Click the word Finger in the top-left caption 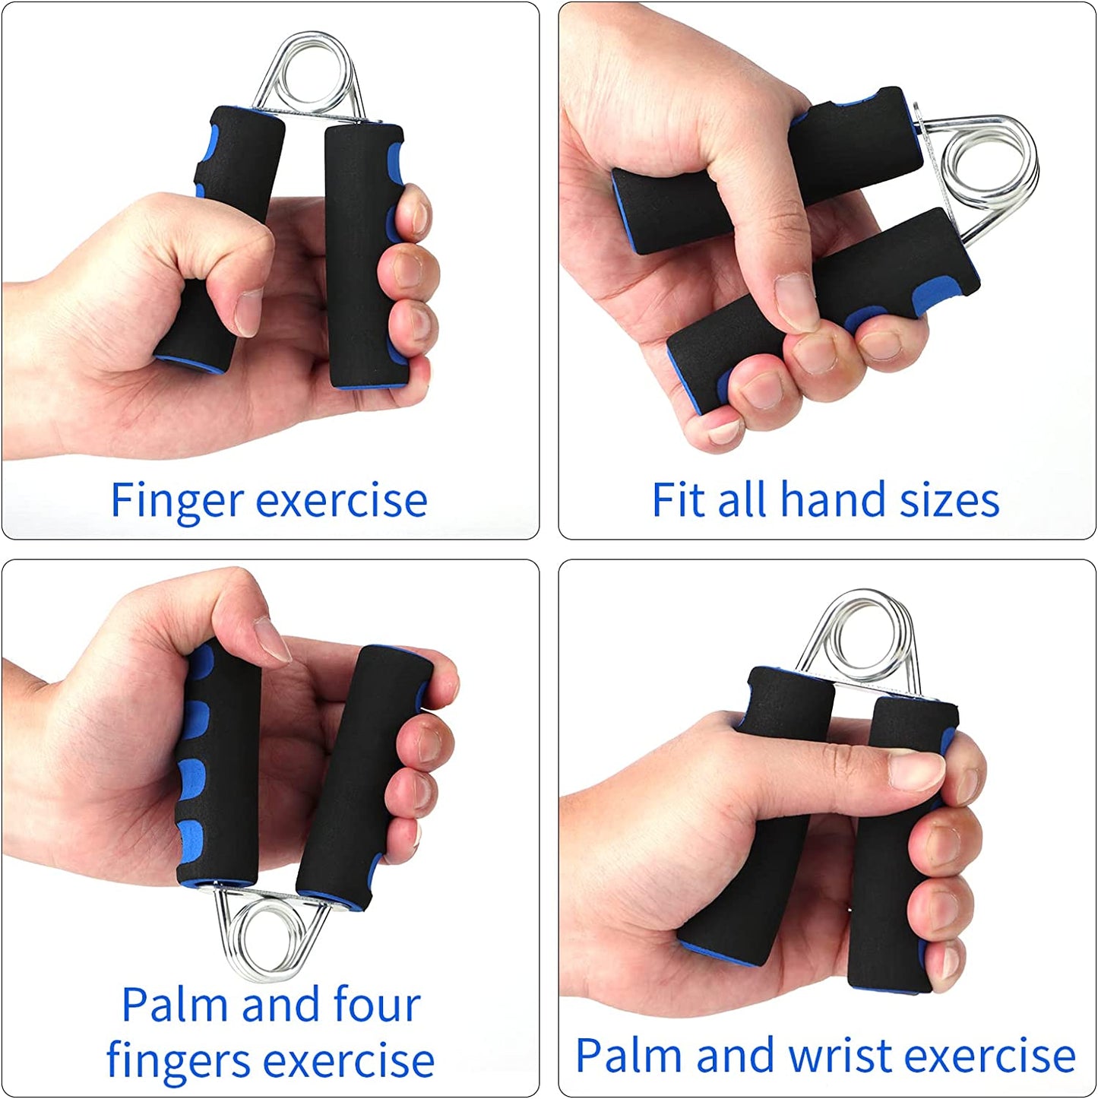(x=176, y=501)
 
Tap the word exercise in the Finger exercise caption (x=341, y=501)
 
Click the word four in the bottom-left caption (x=377, y=1004)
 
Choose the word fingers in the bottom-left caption (x=178, y=1061)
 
